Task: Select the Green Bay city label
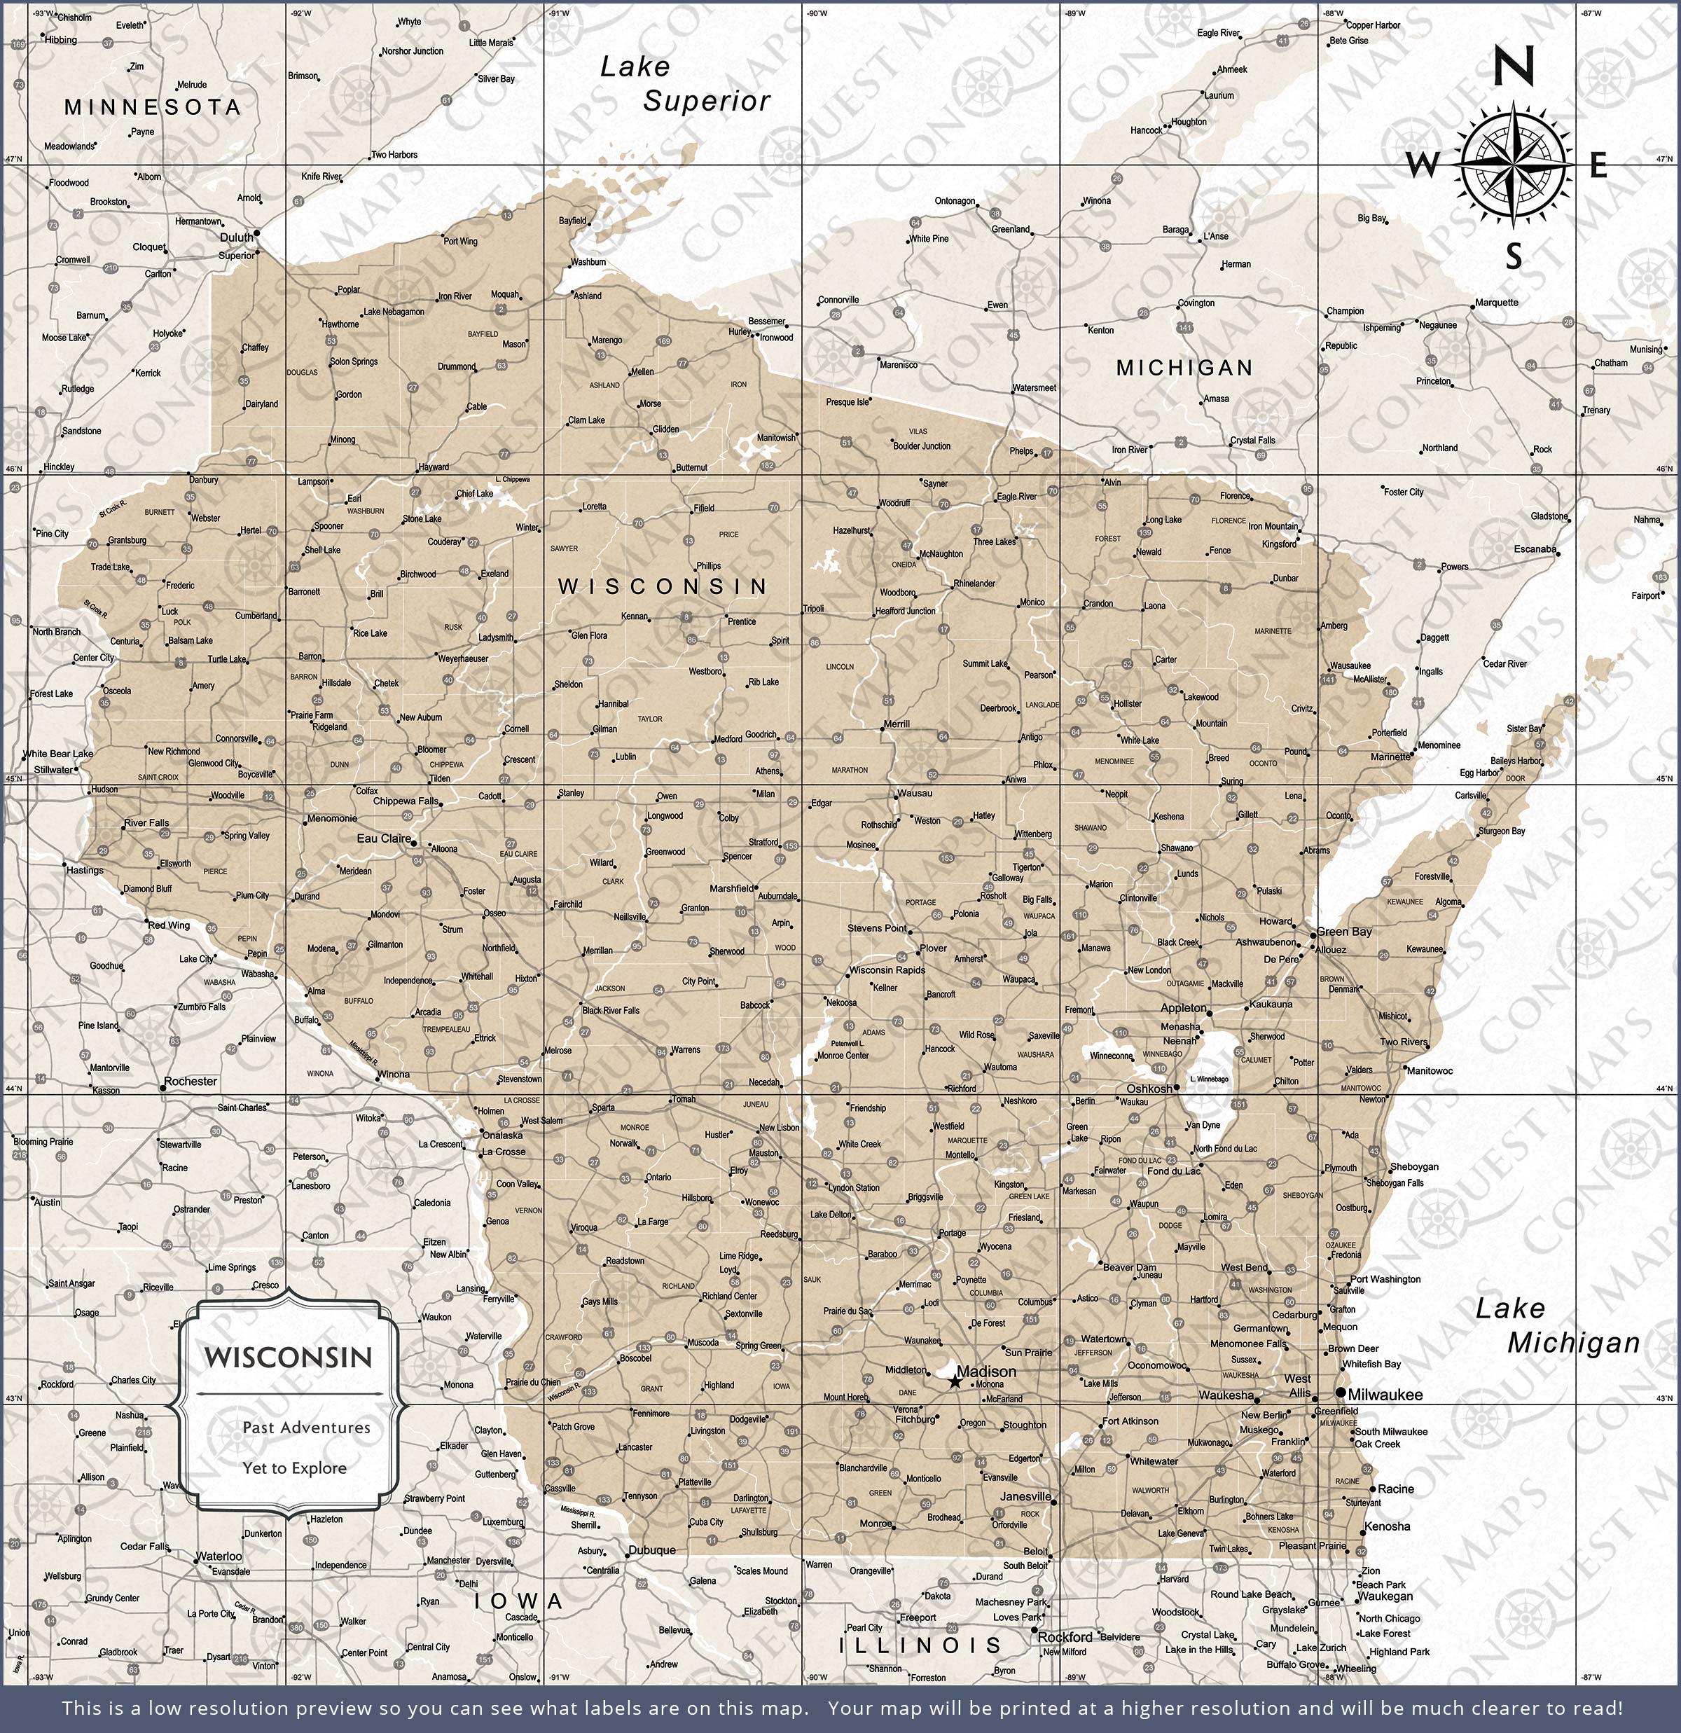pyautogui.click(x=1344, y=931)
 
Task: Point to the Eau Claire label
pyautogui.click(x=384, y=838)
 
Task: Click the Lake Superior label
pyautogui.click(x=684, y=84)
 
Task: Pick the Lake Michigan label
pyautogui.click(x=1556, y=1325)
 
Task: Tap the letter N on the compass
pyautogui.click(x=1513, y=67)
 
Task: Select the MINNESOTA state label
pyautogui.click(x=152, y=107)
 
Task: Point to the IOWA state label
pyautogui.click(x=519, y=1601)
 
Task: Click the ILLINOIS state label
pyautogui.click(x=920, y=1645)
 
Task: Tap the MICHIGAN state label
pyautogui.click(x=1184, y=368)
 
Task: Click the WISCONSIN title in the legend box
pyautogui.click(x=289, y=1358)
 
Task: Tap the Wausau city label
pyautogui.click(x=914, y=793)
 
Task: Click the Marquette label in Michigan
pyautogui.click(x=1496, y=303)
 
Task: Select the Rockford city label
pyautogui.click(x=1067, y=1636)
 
